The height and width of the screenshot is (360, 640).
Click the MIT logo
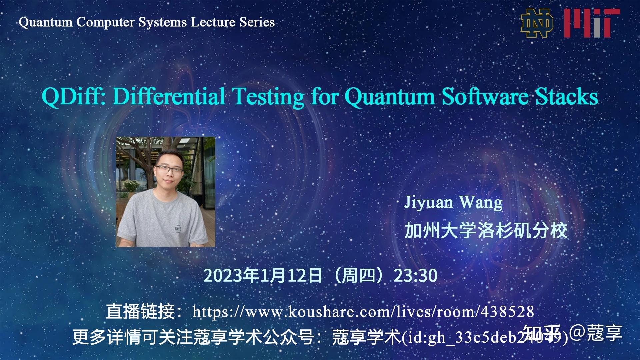pyautogui.click(x=592, y=23)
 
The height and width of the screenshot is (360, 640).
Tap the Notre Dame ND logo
pyautogui.click(x=537, y=23)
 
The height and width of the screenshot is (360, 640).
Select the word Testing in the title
pyautogui.click(x=269, y=97)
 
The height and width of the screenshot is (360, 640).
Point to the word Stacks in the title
pyautogui.click(x=567, y=97)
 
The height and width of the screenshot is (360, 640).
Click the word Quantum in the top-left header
pyautogui.click(x=46, y=22)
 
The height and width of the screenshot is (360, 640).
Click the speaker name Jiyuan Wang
pyautogui.click(x=453, y=202)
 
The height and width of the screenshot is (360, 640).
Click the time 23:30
pyautogui.click(x=415, y=276)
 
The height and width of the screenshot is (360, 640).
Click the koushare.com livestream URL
pyautogui.click(x=363, y=312)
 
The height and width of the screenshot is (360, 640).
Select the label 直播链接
pyautogui.click(x=140, y=312)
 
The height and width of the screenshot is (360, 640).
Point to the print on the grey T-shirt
pyautogui.click(x=178, y=229)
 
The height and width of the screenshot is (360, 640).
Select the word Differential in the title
pyautogui.click(x=168, y=97)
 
